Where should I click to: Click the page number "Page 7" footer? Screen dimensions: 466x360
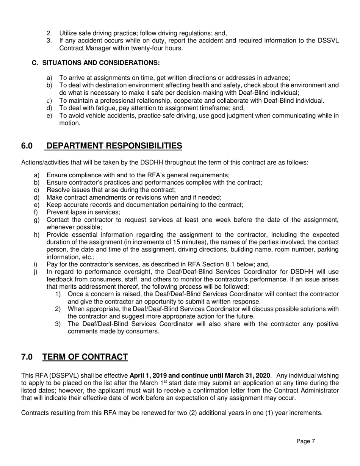[x=305, y=441]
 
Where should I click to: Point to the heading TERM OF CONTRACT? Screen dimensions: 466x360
[x=85, y=357]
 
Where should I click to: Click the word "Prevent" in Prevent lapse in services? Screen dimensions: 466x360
[x=57, y=212]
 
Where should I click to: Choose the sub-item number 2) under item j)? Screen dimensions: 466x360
[x=58, y=309]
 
